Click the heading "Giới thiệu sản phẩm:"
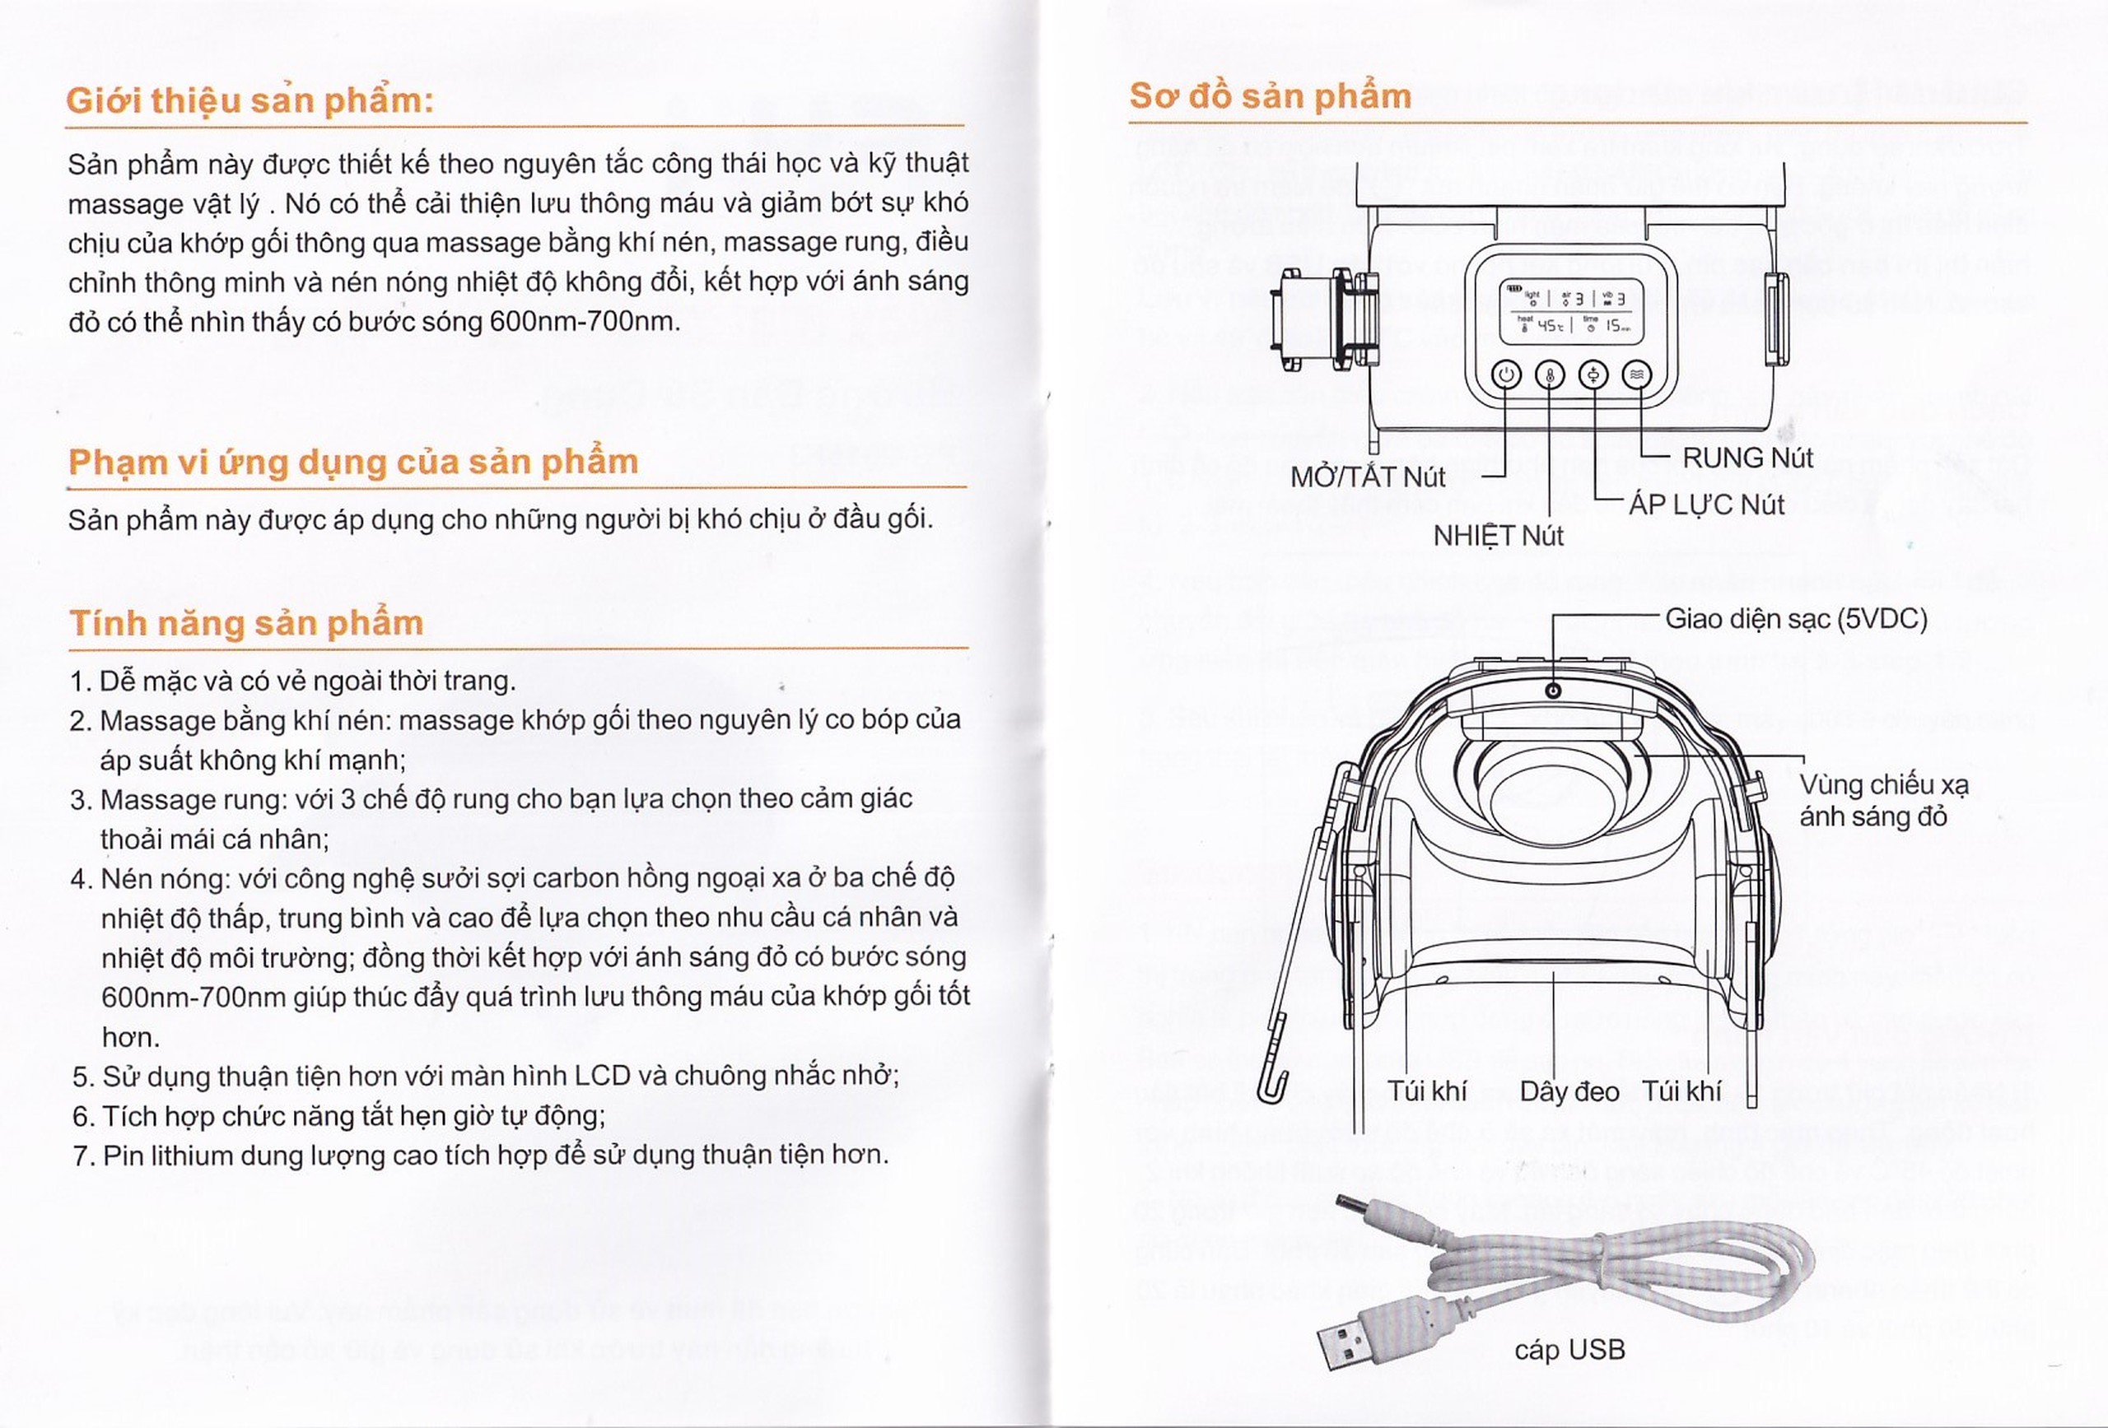click(x=250, y=100)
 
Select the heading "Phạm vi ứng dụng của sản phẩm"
click(x=353, y=462)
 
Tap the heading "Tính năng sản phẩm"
click(x=246, y=623)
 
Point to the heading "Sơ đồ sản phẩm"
click(x=1270, y=96)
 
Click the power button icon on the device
click(x=1507, y=374)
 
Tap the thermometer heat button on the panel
click(x=1549, y=374)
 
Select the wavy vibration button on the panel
click(x=1636, y=374)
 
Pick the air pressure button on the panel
click(x=1593, y=374)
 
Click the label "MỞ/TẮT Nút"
click(x=1368, y=477)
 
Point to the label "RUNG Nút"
click(x=1747, y=458)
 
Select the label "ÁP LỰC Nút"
click(x=1706, y=505)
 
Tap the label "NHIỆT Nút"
click(x=1498, y=536)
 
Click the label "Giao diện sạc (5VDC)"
click(x=1796, y=619)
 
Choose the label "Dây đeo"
click(x=1569, y=1091)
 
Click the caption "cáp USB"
click(x=1569, y=1350)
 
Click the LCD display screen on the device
click(x=1570, y=311)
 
